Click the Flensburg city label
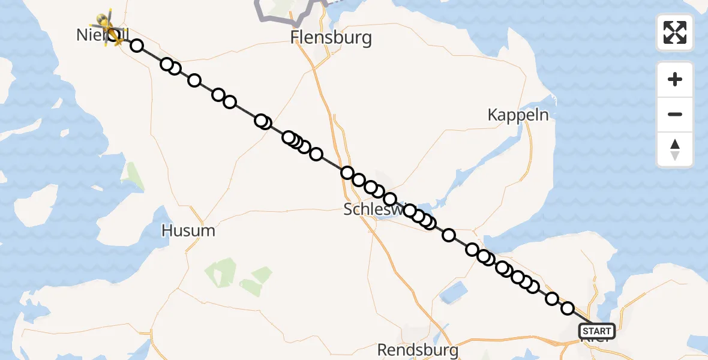point(331,38)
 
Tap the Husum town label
point(188,230)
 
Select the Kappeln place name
point(518,115)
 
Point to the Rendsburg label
point(418,349)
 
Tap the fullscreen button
point(674,32)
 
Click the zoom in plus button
point(674,79)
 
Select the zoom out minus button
point(674,114)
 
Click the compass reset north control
point(674,149)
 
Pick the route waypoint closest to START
point(568,308)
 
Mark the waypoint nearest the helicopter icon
point(137,46)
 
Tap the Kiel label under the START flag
point(597,340)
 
